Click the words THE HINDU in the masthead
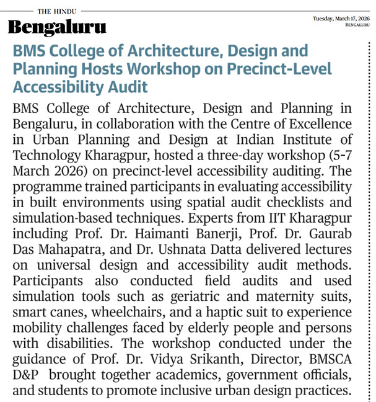pyautogui.click(x=58, y=11)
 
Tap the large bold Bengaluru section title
pyautogui.click(x=56, y=28)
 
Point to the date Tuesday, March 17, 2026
pyautogui.click(x=341, y=19)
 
